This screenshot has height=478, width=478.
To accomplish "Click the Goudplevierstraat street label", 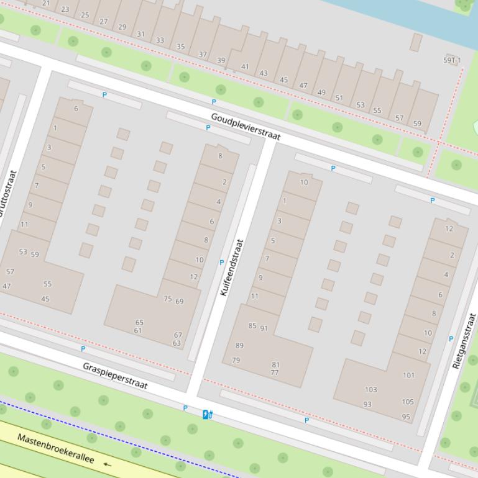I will point(246,127).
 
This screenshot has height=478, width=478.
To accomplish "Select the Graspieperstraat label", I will point(115,376).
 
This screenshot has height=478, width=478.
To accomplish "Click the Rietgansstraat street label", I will point(464,341).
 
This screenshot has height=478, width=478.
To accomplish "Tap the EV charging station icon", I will point(208,413).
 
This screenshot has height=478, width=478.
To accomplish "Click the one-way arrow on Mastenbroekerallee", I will point(108,464).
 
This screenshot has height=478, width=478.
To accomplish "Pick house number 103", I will point(370,390).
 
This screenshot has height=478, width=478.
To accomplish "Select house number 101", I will point(408,375).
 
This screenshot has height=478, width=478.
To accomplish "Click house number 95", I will point(406,417).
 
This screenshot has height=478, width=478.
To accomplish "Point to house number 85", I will point(252,325).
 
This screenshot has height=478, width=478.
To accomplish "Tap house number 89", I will point(239,345).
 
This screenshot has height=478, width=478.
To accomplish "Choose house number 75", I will point(167,299).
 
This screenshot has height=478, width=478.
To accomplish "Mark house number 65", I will point(139,323).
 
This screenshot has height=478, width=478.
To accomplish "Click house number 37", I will point(203,54).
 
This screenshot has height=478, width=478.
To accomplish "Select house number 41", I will point(245,67).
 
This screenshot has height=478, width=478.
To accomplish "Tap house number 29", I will point(122,27).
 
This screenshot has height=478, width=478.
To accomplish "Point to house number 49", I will point(321,92).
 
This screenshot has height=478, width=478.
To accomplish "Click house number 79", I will point(236,360).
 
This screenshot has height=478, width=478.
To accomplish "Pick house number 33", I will point(160,40).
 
